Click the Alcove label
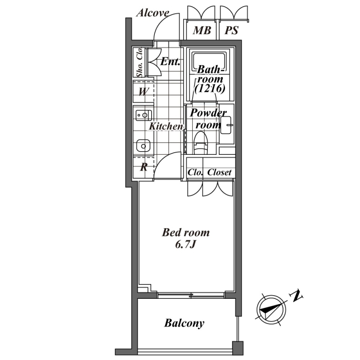pos(153,13)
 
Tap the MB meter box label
pos(202,30)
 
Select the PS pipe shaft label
pos(231,30)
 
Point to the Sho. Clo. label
pos(139,62)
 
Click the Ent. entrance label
pos(170,62)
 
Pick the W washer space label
pos(143,92)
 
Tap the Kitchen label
pos(166,126)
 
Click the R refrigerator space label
pos(144,167)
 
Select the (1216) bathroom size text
pos(210,88)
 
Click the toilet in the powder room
pos(201,143)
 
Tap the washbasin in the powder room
pos(226,125)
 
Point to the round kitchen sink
pos(143,146)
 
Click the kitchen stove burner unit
pos(144,115)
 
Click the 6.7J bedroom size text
pos(185,245)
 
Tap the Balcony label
pos(184,323)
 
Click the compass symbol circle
pos(271,310)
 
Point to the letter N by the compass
pos(297,296)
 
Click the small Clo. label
pos(195,172)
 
